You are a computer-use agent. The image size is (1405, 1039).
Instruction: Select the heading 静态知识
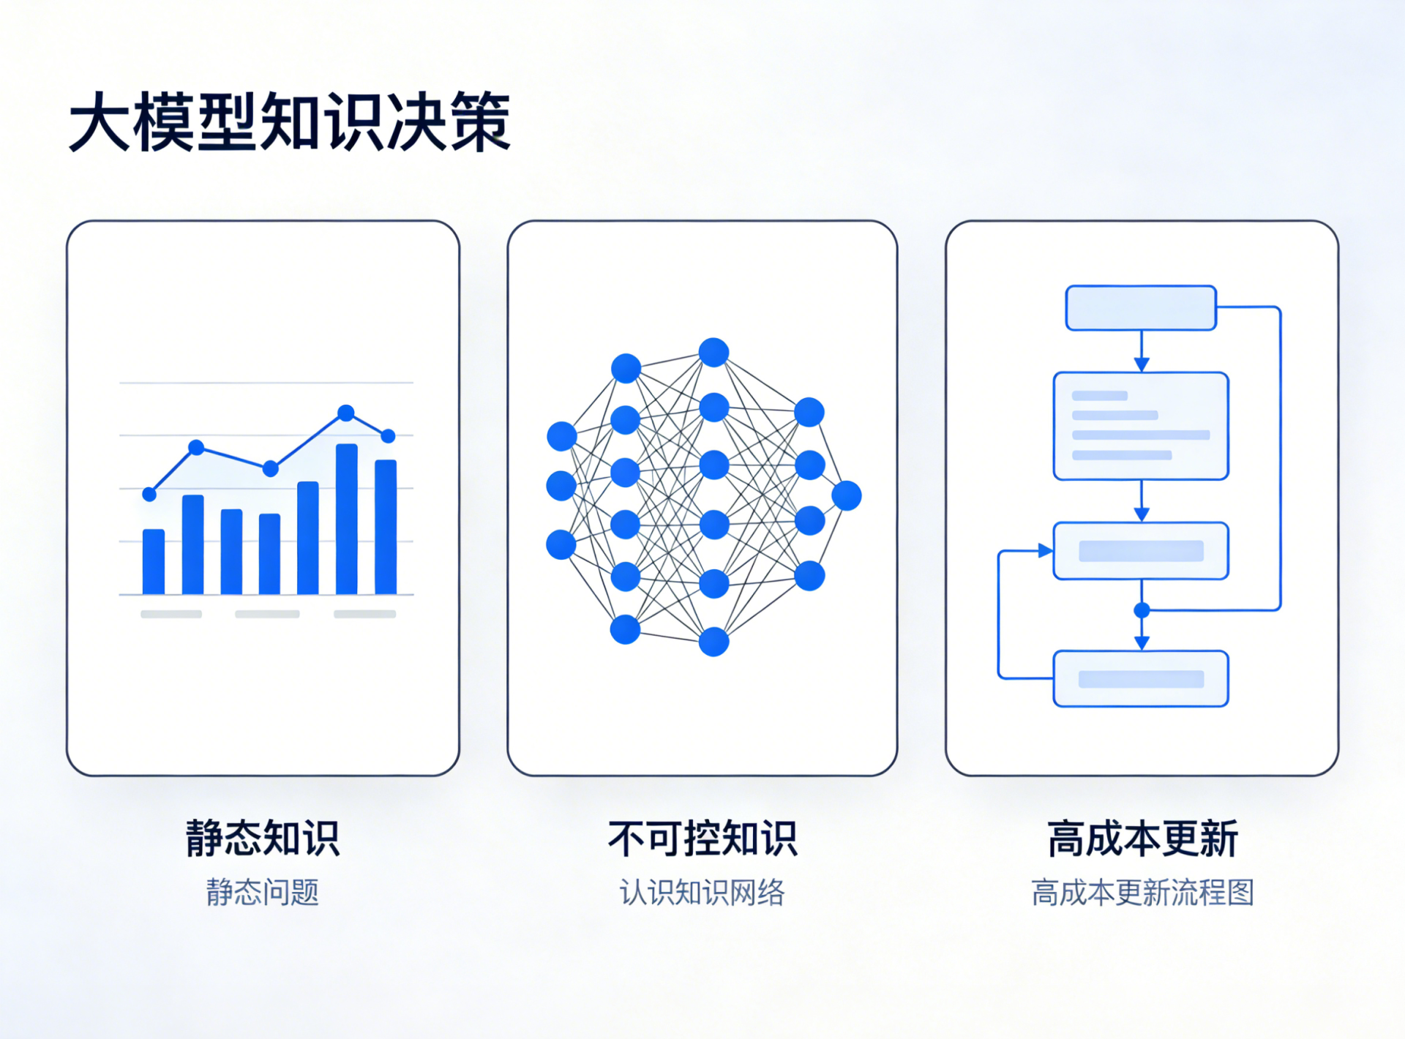(263, 839)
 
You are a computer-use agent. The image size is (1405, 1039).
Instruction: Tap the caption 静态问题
(263, 893)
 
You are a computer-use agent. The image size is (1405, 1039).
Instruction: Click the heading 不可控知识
(702, 839)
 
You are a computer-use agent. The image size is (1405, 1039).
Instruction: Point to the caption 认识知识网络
(702, 893)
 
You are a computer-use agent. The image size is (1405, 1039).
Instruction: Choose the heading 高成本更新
(1142, 839)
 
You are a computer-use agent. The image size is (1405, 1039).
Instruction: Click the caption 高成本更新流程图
(1142, 893)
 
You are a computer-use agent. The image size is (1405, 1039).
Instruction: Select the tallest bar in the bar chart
(347, 519)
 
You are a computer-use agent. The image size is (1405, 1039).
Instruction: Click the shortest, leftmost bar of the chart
(154, 561)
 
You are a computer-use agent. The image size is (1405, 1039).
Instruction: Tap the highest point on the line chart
(346, 413)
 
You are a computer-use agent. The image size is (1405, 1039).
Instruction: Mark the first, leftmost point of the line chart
(149, 495)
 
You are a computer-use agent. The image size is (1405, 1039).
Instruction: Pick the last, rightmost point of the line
(389, 436)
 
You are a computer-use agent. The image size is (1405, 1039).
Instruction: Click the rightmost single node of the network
(847, 495)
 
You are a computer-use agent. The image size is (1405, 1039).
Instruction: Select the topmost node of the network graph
(713, 352)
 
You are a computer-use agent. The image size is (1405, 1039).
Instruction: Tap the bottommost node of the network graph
(713, 642)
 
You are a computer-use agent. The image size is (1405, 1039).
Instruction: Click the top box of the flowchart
(1141, 308)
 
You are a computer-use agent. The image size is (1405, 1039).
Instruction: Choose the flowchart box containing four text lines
(1141, 426)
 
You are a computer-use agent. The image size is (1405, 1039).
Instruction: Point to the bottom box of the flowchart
(1141, 679)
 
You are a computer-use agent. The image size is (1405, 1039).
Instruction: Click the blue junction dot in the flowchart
(1142, 609)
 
